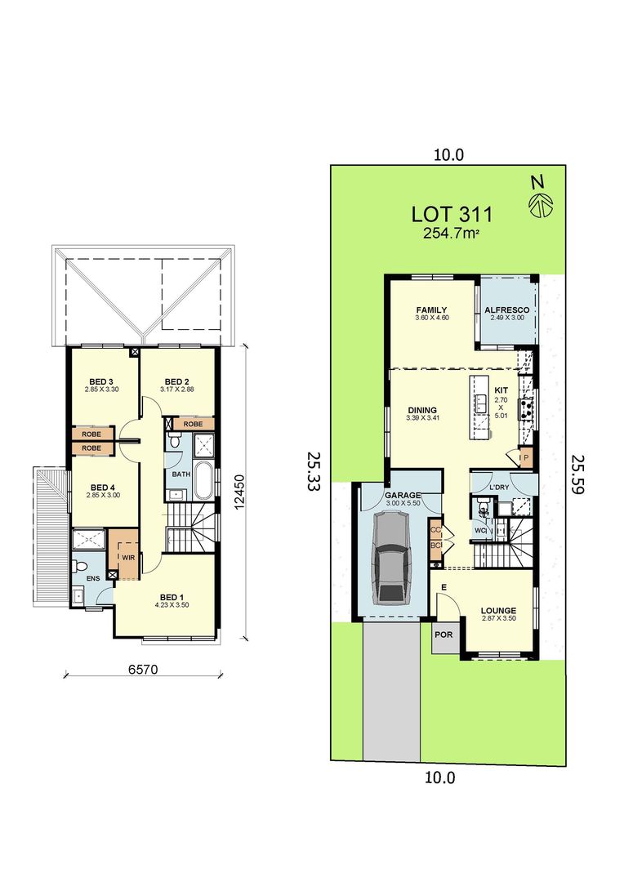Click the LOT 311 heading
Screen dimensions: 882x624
452,215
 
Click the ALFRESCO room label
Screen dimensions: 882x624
507,311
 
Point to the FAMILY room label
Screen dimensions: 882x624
431,310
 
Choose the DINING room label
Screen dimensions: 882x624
422,411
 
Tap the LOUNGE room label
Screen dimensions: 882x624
497,609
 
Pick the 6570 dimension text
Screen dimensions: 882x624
142,670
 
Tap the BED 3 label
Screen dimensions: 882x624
101,381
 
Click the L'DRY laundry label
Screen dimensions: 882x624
499,488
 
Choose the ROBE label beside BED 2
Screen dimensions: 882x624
193,425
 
